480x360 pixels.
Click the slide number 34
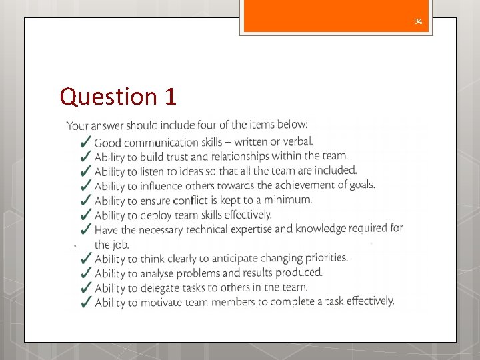coord(418,22)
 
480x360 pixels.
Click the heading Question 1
coord(118,97)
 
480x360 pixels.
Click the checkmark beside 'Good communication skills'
coord(85,142)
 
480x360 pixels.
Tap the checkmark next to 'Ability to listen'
coord(85,171)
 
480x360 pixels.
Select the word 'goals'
coord(360,184)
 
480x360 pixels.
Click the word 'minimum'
coord(289,199)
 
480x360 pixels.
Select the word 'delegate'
coord(161,288)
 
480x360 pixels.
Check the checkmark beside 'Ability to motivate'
coord(85,303)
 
